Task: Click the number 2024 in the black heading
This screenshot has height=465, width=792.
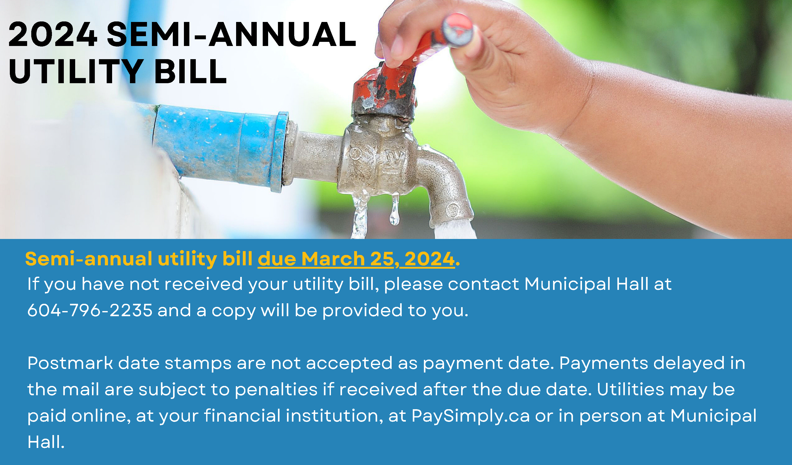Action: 52,35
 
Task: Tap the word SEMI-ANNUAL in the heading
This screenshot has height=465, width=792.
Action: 231,35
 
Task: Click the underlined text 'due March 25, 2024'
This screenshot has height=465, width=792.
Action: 356,259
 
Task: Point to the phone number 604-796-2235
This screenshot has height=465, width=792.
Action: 90,311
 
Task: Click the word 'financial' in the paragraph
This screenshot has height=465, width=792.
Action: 242,416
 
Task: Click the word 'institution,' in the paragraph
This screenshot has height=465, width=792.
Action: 335,416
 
